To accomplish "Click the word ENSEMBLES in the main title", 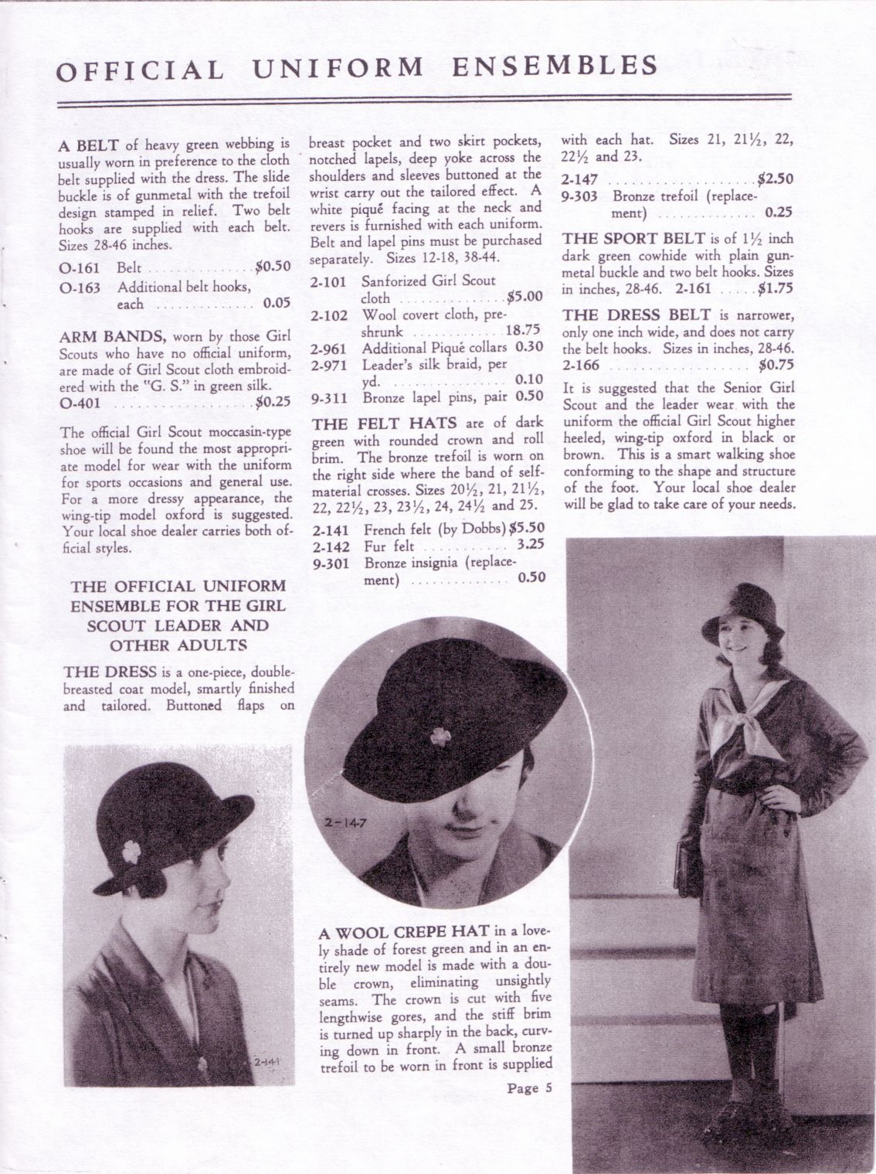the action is pyautogui.click(x=555, y=66).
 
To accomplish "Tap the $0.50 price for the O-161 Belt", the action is pyautogui.click(x=273, y=267).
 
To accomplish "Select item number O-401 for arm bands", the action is pyautogui.click(x=80, y=403).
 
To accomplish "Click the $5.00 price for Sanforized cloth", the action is pyautogui.click(x=525, y=296).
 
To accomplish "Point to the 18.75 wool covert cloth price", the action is pyautogui.click(x=523, y=329).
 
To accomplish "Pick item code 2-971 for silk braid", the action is pyautogui.click(x=329, y=366).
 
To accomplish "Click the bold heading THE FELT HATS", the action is pyautogui.click(x=385, y=424).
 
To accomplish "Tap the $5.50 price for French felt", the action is pyautogui.click(x=527, y=529).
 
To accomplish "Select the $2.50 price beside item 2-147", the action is pyautogui.click(x=776, y=179).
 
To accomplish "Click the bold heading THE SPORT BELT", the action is pyautogui.click(x=635, y=239).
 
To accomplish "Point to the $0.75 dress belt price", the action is pyautogui.click(x=776, y=366).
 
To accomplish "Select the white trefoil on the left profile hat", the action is pyautogui.click(x=131, y=852).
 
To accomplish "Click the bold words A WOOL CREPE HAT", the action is pyautogui.click(x=404, y=932).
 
